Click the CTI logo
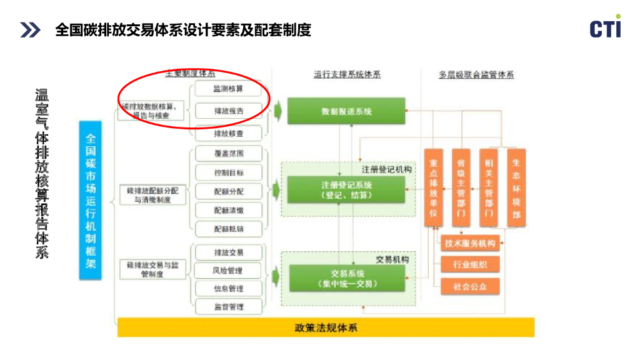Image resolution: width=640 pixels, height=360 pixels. [x=605, y=27]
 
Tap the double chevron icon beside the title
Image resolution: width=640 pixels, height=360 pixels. [x=30, y=29]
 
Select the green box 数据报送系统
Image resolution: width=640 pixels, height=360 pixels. [x=346, y=111]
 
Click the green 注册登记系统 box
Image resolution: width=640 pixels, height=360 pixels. [x=346, y=189]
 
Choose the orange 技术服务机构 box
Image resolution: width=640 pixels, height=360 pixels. [x=469, y=243]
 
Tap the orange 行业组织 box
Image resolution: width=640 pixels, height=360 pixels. [x=469, y=265]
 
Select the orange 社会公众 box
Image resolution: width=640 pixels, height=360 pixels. [x=469, y=287]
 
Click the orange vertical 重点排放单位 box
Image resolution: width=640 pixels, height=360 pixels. [x=434, y=187]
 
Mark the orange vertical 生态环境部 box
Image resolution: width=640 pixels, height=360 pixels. [x=516, y=187]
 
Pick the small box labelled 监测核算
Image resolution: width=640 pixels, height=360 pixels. [x=229, y=89]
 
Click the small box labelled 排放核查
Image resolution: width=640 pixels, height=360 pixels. [x=229, y=133]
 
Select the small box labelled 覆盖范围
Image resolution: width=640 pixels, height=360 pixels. [x=229, y=153]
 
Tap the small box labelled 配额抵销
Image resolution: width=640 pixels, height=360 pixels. [x=229, y=229]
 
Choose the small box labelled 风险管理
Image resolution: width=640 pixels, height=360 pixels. [x=229, y=271]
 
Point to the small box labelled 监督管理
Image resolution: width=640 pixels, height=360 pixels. [x=229, y=307]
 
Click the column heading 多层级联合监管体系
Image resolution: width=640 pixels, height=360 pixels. [x=476, y=74]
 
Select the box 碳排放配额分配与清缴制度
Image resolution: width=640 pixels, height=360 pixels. [x=152, y=195]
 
